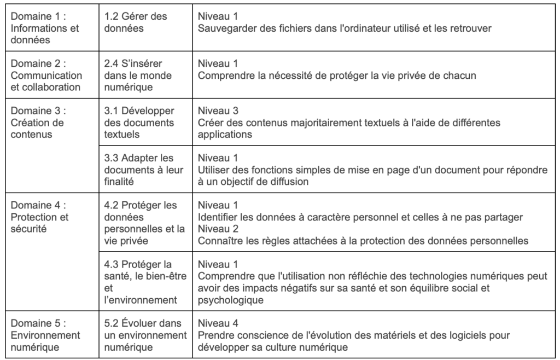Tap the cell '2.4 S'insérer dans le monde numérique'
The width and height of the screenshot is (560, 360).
(x=144, y=75)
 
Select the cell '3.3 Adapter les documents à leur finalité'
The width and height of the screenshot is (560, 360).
(x=144, y=169)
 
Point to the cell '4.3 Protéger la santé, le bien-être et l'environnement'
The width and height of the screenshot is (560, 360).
(x=144, y=282)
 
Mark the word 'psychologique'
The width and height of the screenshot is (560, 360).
(x=231, y=300)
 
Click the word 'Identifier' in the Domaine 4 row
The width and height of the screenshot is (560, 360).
(x=218, y=217)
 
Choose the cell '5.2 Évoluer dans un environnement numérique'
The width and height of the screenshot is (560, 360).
(x=144, y=335)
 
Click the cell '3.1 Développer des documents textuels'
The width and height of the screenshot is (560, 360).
(x=144, y=122)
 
